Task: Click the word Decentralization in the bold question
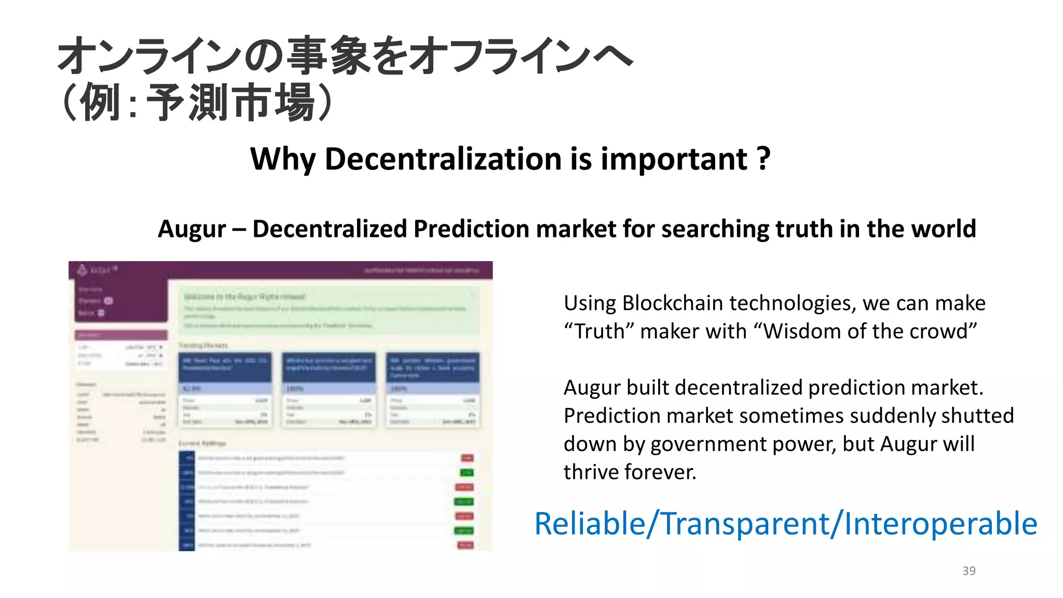tap(443, 158)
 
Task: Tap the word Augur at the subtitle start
tap(192, 229)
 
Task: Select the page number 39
tap(969, 570)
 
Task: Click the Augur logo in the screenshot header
tap(82, 269)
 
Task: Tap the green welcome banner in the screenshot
tap(329, 311)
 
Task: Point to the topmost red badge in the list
tap(467, 458)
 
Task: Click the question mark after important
tap(763, 158)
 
